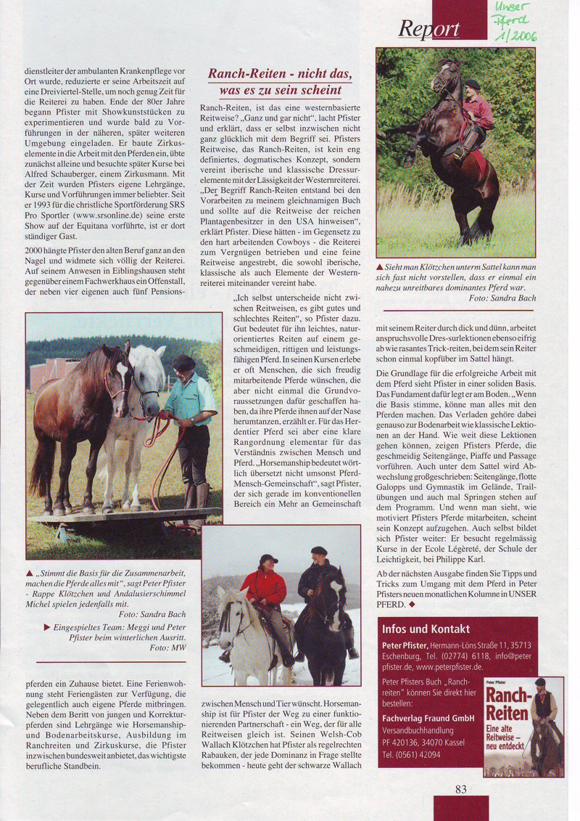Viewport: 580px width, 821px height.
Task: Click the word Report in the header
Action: (428, 28)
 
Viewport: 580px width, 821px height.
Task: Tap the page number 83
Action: (461, 790)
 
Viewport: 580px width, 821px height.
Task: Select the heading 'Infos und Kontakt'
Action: (426, 629)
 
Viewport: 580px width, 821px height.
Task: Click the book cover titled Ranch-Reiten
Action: (523, 727)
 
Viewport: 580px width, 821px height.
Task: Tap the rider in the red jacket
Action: (264, 595)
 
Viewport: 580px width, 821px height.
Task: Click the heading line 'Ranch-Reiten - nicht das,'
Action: (280, 74)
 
